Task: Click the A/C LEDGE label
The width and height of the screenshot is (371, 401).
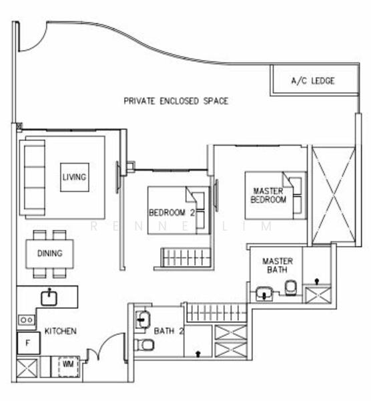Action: tap(313, 82)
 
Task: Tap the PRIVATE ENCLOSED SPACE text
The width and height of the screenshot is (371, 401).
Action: tap(176, 102)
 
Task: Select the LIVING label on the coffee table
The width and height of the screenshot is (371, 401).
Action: tap(74, 177)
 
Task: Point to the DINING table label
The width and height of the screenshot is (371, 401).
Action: tap(49, 253)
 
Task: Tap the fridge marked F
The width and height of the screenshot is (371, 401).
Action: tap(28, 344)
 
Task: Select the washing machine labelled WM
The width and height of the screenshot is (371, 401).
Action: tap(67, 365)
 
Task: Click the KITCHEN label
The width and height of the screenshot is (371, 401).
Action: tap(60, 331)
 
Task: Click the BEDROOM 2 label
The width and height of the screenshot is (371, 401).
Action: tap(171, 213)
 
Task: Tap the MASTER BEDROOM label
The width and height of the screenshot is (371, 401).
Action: tap(268, 194)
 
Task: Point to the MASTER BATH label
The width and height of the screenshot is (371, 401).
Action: tap(274, 265)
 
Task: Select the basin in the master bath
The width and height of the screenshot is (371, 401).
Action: tap(264, 292)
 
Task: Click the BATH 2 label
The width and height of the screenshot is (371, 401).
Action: tap(165, 331)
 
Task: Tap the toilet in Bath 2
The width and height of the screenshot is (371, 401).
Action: tap(145, 345)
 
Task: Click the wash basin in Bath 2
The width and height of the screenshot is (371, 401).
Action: tap(141, 319)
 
